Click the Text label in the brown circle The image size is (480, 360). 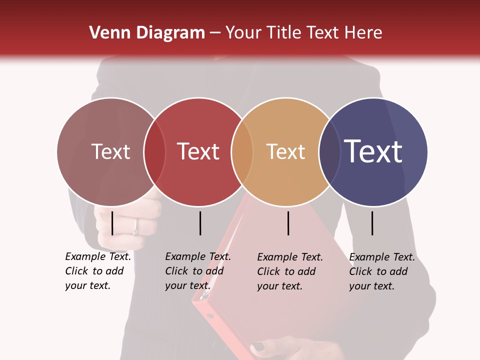click(110, 151)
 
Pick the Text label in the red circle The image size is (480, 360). click(198, 151)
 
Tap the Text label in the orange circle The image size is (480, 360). click(285, 151)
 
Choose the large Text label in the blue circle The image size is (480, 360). click(373, 151)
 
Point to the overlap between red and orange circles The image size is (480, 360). click(242, 152)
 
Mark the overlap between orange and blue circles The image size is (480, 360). click(329, 152)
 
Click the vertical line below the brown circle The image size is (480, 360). click(112, 223)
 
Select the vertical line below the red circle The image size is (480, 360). click(200, 223)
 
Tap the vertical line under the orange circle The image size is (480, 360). click(288, 223)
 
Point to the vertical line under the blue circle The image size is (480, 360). click(372, 223)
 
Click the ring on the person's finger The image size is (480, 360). click(135, 227)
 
